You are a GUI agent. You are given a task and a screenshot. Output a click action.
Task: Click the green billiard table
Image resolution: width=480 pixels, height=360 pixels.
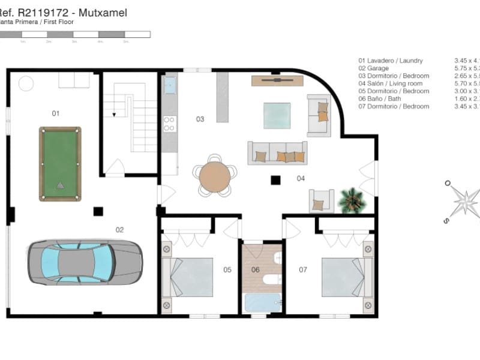click(x=60, y=164)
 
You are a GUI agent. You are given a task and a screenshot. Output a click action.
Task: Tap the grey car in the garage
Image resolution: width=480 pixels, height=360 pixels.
click(x=85, y=262)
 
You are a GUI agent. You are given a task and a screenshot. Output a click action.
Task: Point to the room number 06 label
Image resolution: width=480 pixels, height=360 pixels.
click(x=256, y=269)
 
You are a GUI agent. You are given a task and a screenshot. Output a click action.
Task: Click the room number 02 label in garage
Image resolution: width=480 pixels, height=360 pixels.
click(x=119, y=229)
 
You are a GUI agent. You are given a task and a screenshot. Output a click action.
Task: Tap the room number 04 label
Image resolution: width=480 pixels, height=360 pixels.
click(x=301, y=178)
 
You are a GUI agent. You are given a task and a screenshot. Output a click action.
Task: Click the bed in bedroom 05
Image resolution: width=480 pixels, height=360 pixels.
click(x=188, y=277)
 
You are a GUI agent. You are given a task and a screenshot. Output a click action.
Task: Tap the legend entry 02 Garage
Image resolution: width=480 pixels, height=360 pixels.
click(x=377, y=68)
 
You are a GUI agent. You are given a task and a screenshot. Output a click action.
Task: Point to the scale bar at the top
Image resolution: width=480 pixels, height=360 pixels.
click(x=75, y=35)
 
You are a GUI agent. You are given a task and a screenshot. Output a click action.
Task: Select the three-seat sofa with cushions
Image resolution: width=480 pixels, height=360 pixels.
click(x=277, y=153)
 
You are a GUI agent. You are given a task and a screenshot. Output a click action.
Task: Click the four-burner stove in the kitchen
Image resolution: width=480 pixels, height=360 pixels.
click(x=169, y=124)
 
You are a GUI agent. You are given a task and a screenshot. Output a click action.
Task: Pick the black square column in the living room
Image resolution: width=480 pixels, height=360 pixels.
click(x=275, y=179)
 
